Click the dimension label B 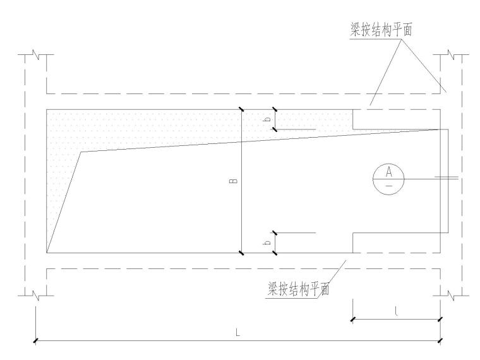point(234,182)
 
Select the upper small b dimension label point(268,119)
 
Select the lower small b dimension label point(268,242)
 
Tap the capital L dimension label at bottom point(237,332)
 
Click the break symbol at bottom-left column point(37,294)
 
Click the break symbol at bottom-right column point(453,294)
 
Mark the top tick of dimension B point(242,109)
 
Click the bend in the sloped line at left point(80,152)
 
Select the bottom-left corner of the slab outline point(47,253)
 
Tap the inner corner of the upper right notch point(352,129)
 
